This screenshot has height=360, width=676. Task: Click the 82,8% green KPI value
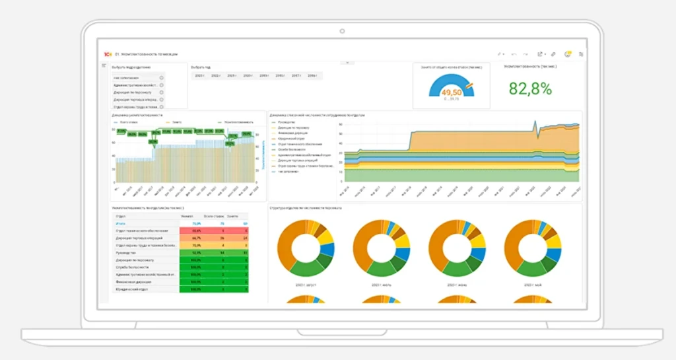[x=530, y=89]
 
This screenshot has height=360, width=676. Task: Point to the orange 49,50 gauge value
[x=452, y=92]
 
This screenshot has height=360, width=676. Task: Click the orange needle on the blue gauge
[x=468, y=85]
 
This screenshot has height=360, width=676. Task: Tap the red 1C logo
[x=107, y=54]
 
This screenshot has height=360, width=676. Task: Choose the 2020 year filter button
[x=248, y=76]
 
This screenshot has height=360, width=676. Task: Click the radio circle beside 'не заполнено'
[x=161, y=78]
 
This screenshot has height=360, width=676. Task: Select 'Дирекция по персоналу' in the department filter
[x=136, y=92]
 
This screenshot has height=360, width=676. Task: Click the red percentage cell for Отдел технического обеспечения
[x=197, y=231]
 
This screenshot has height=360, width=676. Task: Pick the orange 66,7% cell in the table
[x=197, y=238]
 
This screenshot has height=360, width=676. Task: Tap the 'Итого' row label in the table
[x=121, y=223]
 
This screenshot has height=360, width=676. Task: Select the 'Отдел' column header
[x=121, y=216]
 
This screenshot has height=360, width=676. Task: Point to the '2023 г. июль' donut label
[x=382, y=285]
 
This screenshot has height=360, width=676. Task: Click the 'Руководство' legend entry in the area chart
[x=287, y=122]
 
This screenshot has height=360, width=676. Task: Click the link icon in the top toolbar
[x=553, y=54]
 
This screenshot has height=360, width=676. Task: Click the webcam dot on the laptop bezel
[x=342, y=30]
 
